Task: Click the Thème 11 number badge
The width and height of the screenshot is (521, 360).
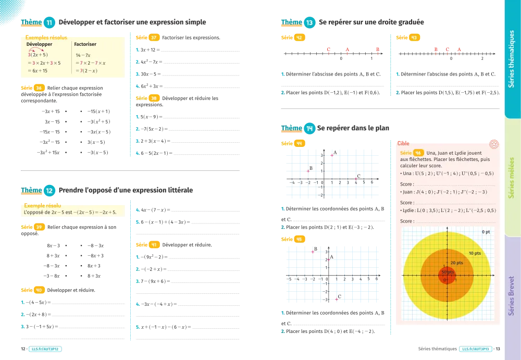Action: (x=49, y=23)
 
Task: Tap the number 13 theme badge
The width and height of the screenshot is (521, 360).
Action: (x=309, y=23)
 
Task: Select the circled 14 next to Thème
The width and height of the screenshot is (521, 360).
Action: (x=309, y=129)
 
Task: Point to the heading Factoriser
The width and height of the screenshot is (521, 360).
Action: (x=85, y=45)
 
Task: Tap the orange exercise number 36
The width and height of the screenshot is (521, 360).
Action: (x=39, y=88)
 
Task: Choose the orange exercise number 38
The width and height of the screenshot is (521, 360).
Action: (x=153, y=98)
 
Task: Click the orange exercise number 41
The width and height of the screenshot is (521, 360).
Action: (x=153, y=245)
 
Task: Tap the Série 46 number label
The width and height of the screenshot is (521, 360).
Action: (x=418, y=153)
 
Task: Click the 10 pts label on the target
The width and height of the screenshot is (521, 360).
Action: (x=474, y=253)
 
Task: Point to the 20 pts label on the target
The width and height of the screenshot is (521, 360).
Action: (x=456, y=263)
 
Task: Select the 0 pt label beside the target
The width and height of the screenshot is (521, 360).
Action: (x=486, y=231)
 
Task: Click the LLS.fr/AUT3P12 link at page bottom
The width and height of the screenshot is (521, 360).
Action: (x=46, y=349)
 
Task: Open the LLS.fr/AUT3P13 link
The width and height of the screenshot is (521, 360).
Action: (x=474, y=349)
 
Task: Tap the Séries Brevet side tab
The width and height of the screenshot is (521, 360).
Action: (x=511, y=296)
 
